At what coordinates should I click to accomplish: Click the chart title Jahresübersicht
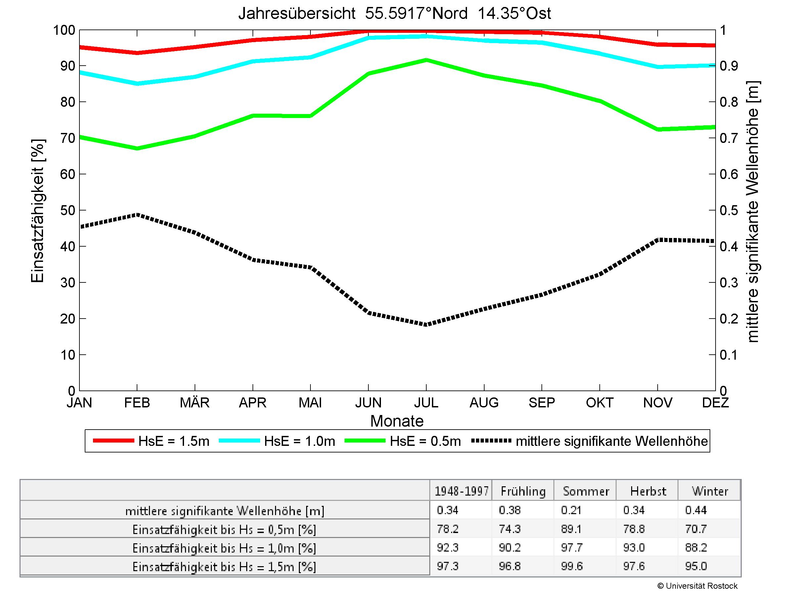(394, 14)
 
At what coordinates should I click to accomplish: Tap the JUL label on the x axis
(426, 402)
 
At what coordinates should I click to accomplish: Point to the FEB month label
(137, 402)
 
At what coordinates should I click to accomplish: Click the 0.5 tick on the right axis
(728, 210)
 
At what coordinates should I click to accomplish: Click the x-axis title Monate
(397, 421)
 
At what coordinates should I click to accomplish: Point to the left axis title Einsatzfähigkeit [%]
(37, 210)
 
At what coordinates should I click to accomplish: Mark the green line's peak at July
(426, 60)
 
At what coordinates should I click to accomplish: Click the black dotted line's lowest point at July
(426, 325)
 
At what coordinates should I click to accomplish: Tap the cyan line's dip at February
(137, 84)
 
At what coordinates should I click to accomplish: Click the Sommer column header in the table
(586, 491)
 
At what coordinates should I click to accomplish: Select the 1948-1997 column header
(461, 491)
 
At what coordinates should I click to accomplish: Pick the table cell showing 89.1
(572, 529)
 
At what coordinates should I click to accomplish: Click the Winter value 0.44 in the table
(696, 510)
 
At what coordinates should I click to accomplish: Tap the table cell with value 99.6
(572, 567)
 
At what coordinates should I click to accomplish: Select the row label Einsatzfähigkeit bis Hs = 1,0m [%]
(224, 548)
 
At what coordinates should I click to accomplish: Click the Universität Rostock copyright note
(697, 586)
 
